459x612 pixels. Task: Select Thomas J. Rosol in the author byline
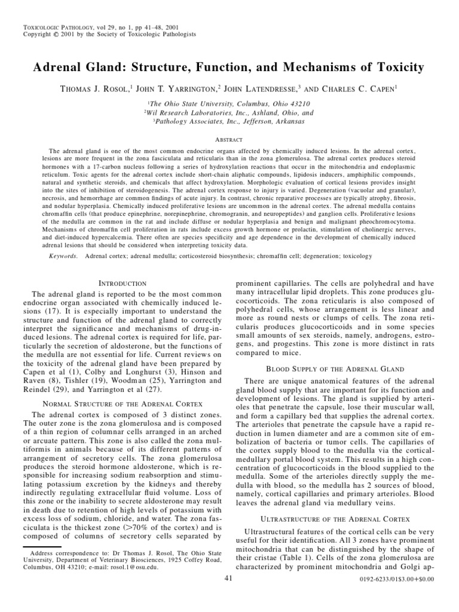[x=97, y=89]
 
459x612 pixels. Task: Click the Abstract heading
[x=229, y=139]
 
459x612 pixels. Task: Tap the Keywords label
[x=63, y=256]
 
